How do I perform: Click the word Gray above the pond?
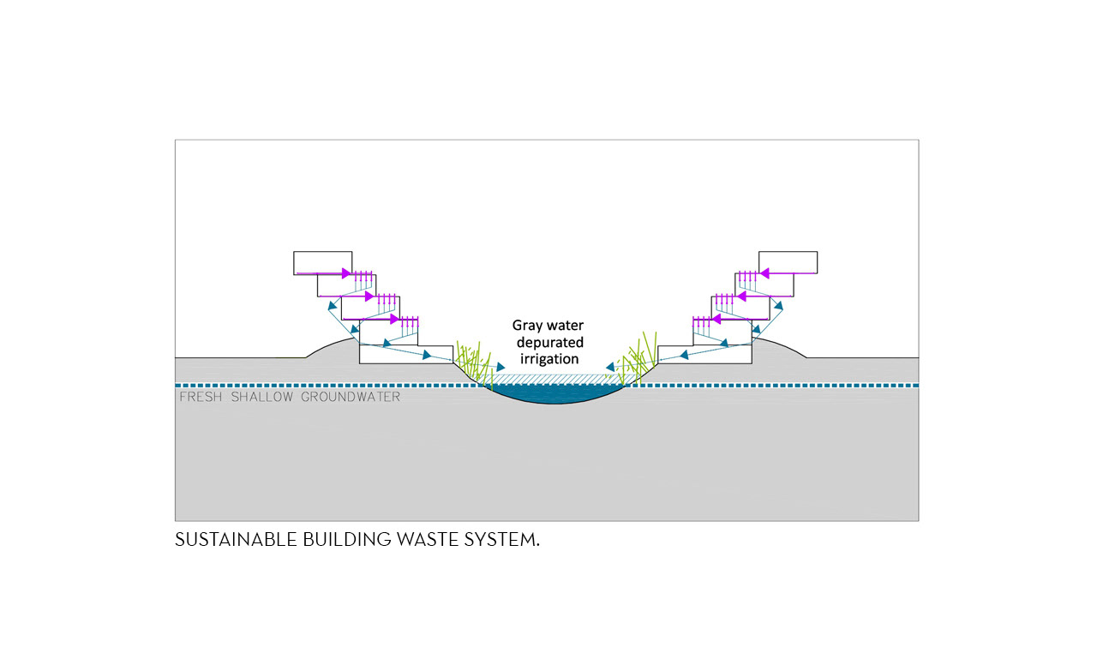point(529,326)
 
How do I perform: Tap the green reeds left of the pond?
point(473,363)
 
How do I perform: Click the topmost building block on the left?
point(323,262)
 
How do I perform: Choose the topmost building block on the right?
point(788,262)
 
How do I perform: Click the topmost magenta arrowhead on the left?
point(347,274)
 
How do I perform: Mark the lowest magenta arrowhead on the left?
point(395,320)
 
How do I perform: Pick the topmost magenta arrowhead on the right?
point(764,274)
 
